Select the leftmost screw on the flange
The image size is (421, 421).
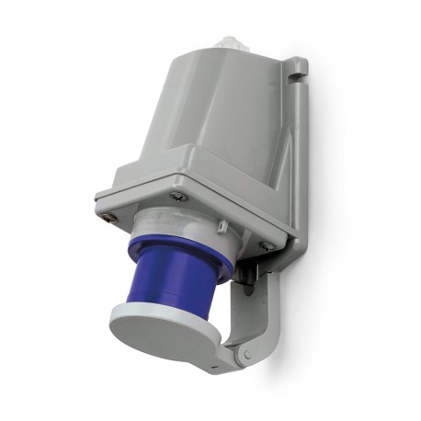click(x=110, y=217)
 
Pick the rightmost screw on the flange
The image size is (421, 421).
click(x=266, y=245)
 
